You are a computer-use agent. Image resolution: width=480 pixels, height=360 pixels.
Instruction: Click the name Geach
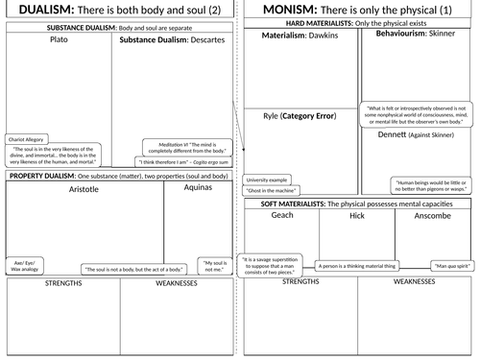point(282,217)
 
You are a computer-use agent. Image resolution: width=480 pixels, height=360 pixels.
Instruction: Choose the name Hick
point(357,217)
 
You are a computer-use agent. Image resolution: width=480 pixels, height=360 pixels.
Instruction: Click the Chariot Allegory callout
point(26,139)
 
